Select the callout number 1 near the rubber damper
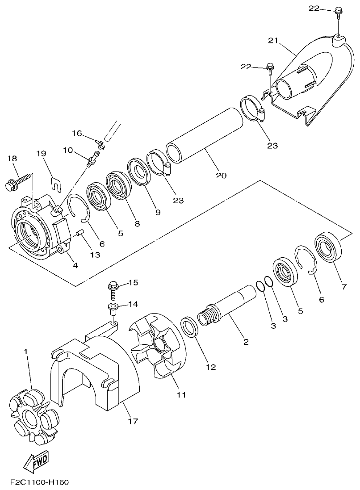pyautogui.click(x=26, y=352)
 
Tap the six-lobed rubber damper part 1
pyautogui.click(x=33, y=416)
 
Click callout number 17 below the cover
pyautogui.click(x=133, y=421)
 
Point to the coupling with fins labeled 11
pyautogui.click(x=158, y=353)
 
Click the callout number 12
pyautogui.click(x=211, y=367)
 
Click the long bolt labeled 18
pyautogui.click(x=16, y=184)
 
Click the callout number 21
pyautogui.click(x=273, y=41)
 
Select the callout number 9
pyautogui.click(x=158, y=213)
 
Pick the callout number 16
pyautogui.click(x=77, y=134)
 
